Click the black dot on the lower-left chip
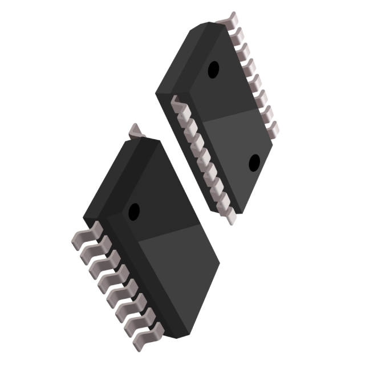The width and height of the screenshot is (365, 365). coord(135,211)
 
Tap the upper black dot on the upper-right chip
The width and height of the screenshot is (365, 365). coord(213,70)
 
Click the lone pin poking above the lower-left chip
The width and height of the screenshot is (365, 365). coord(136,131)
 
